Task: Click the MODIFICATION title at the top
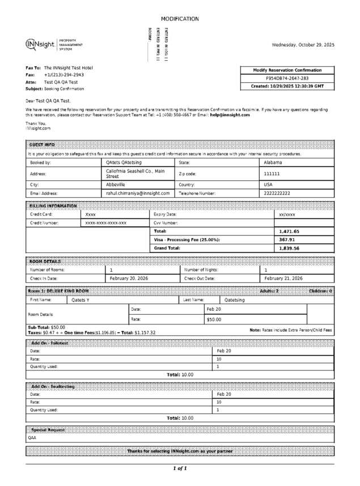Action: tap(180, 19)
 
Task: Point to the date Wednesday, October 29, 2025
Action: tap(303, 44)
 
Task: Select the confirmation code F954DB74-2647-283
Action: tap(287, 78)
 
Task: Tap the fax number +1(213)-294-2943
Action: tap(64, 74)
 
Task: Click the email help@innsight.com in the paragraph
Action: tap(230, 115)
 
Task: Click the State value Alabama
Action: tap(273, 162)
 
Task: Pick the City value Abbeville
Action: tap(116, 184)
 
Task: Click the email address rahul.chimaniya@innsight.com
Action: tap(138, 193)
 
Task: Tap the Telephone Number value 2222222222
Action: tap(277, 193)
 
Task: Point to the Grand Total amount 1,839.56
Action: tap(289, 248)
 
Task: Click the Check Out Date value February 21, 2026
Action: tap(283, 278)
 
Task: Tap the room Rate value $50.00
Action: tap(214, 319)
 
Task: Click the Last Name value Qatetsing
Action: tap(235, 300)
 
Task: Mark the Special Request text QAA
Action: tap(32, 438)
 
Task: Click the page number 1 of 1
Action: tap(180, 468)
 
